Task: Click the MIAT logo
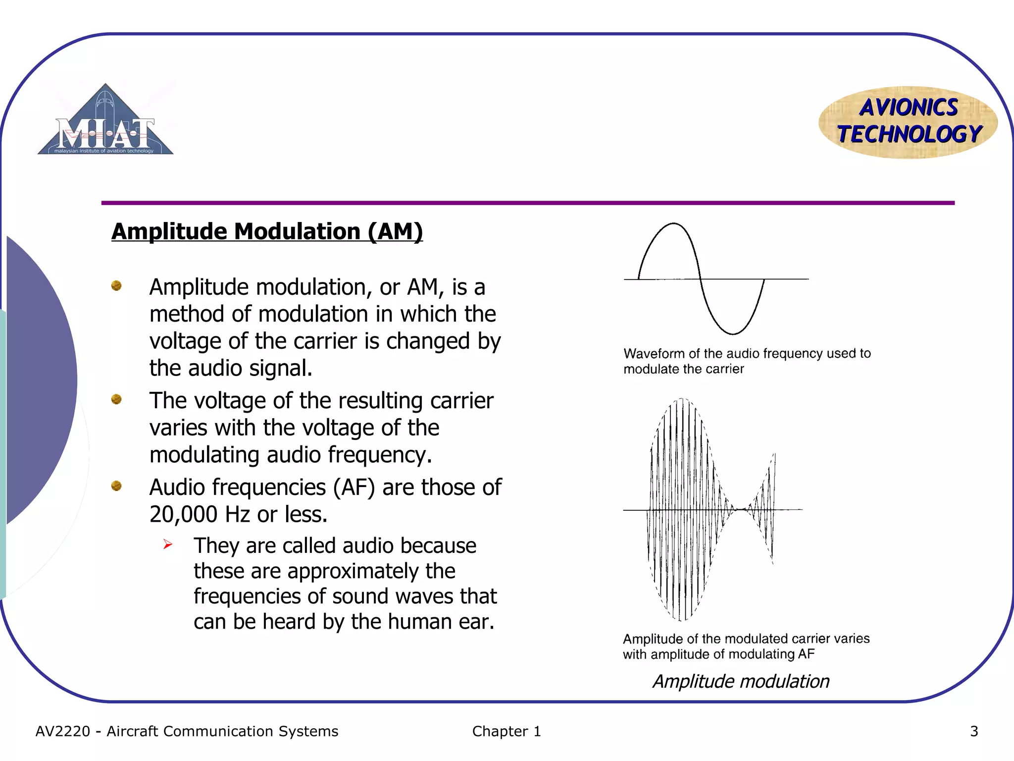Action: point(105,121)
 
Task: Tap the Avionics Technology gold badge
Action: point(908,122)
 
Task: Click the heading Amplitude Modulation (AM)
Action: point(267,231)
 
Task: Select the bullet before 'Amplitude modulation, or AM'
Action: point(116,286)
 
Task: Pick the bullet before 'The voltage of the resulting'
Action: point(116,399)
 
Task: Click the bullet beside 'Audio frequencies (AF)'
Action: point(116,486)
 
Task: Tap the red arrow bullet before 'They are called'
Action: point(168,545)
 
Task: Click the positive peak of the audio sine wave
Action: point(673,224)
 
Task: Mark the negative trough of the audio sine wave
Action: point(733,333)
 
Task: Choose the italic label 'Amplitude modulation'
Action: point(741,681)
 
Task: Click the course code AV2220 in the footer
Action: point(63,731)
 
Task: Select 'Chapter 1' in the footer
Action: point(507,731)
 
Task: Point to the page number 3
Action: point(974,731)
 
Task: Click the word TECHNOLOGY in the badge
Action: point(910,134)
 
